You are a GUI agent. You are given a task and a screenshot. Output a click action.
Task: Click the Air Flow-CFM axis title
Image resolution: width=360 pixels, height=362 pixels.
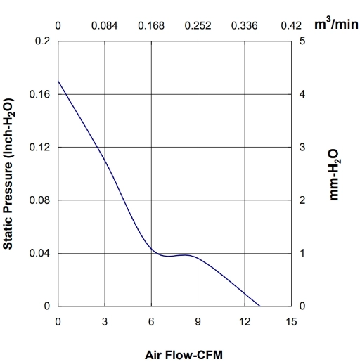point(184,355)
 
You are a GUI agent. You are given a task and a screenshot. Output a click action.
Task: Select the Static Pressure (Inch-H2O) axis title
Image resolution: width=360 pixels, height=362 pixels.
point(8,174)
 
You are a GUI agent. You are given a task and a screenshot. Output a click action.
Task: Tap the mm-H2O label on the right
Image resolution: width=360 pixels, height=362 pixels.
point(334,175)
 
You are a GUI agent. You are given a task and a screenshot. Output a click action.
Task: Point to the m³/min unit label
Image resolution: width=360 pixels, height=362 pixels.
point(336,24)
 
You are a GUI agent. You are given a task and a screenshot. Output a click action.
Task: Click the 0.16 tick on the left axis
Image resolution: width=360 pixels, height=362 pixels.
point(39,94)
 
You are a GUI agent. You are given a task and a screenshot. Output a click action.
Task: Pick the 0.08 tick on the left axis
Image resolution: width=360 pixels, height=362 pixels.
point(39,200)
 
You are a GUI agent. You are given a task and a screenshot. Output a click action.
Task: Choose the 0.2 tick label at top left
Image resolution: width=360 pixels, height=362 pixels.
point(42,41)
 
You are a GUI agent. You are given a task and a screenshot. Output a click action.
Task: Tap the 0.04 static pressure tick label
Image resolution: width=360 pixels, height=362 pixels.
point(39,253)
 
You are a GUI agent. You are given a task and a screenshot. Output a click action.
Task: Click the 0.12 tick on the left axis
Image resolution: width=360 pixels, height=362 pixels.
point(39,147)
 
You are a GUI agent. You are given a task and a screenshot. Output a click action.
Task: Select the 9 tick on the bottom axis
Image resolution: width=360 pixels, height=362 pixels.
point(198,322)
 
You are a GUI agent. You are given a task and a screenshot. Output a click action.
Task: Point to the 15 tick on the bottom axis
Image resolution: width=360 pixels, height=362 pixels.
point(291,322)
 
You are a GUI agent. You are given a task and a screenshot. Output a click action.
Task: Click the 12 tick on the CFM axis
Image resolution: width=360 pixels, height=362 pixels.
point(245,322)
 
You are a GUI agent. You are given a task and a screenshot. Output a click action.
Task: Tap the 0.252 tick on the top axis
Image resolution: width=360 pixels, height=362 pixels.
point(198,25)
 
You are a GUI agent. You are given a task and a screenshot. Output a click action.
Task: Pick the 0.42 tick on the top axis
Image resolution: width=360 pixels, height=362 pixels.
point(291,25)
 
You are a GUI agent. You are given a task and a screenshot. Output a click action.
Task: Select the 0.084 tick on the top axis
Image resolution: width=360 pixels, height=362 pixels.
point(105,25)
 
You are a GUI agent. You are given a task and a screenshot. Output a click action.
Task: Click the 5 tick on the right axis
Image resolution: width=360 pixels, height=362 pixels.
point(302,41)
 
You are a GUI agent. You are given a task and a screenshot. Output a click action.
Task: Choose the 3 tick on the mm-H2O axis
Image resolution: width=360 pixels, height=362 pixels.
point(302,147)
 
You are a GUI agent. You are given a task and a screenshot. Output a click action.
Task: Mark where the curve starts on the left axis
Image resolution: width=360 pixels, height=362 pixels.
point(58,81)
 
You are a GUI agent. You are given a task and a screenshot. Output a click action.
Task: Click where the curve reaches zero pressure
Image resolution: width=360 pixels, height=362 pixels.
point(260,306)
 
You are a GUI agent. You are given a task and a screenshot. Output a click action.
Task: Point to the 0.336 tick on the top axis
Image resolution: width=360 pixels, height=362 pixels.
point(245,25)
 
